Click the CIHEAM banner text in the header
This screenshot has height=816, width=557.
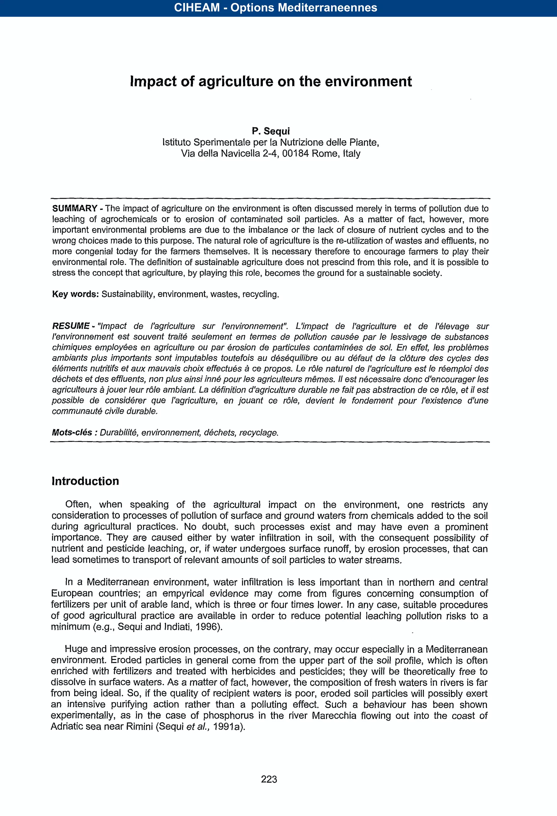pyautogui.click(x=276, y=8)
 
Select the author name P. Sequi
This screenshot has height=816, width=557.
pyautogui.click(x=271, y=131)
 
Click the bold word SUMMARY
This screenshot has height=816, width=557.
pyautogui.click(x=75, y=208)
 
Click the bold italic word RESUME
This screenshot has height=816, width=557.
pyautogui.click(x=71, y=326)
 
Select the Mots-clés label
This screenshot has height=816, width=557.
pyautogui.click(x=72, y=432)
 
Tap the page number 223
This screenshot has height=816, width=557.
pyautogui.click(x=269, y=779)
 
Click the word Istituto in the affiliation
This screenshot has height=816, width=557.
pyautogui.click(x=177, y=142)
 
